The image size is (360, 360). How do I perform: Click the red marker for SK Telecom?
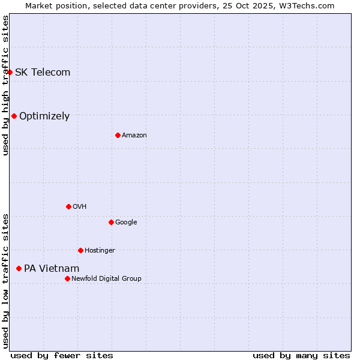(x=10, y=72)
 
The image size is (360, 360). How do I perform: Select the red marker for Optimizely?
(x=14, y=116)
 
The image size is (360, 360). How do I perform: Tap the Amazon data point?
(x=118, y=135)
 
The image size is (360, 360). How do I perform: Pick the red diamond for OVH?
(x=68, y=206)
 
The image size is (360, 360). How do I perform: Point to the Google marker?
(x=111, y=222)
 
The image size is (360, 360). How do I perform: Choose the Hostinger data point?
(x=80, y=250)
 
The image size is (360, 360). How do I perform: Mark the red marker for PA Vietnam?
(x=19, y=268)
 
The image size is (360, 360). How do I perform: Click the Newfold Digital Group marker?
(x=67, y=278)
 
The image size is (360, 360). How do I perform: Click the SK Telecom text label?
(x=43, y=72)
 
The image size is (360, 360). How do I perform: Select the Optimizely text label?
(x=44, y=116)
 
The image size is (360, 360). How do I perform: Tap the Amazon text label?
(x=134, y=135)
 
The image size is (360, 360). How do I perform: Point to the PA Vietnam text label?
(x=52, y=268)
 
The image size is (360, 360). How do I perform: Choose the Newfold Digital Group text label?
(x=106, y=278)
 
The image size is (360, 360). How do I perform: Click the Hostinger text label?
(x=100, y=250)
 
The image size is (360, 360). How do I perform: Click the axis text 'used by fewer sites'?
(x=62, y=355)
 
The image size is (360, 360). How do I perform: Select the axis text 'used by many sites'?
(x=301, y=355)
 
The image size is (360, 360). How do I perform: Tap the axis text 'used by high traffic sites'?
(x=5, y=85)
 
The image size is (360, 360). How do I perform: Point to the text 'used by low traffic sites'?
(x=5, y=280)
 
